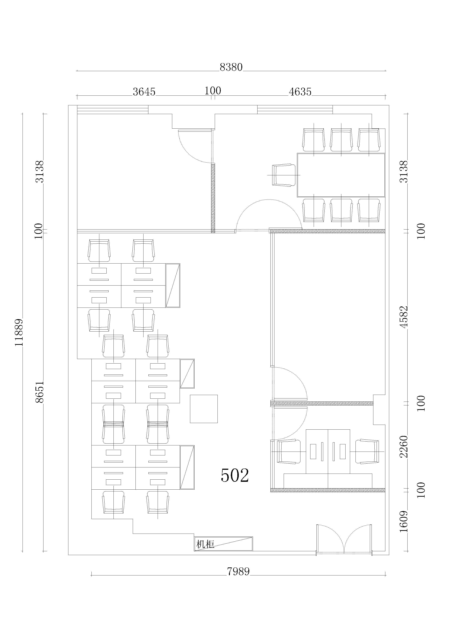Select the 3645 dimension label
coord(144,92)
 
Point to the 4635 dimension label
coord(300,92)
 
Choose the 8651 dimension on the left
coord(40,392)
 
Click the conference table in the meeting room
coord(341,175)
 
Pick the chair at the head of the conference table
coord(284,175)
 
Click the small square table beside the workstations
coord(204,409)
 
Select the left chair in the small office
coord(289,452)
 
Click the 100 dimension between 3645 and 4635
coord(213,91)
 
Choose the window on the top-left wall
coord(113,110)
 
